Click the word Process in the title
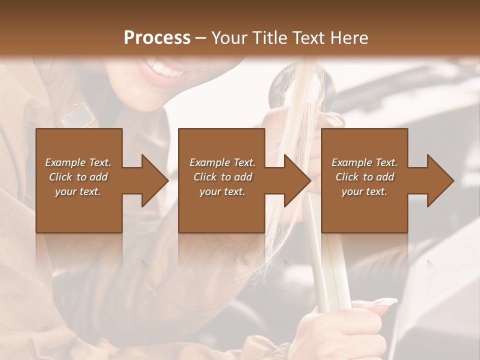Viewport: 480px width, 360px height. point(157,38)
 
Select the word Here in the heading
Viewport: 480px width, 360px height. point(349,38)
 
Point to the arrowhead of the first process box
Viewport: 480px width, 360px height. point(155,180)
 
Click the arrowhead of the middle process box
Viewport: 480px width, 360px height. point(297,180)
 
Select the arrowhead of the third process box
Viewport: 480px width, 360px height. point(440,180)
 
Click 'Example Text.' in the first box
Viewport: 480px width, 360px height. point(78,162)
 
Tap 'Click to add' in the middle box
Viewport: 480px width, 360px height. point(222,177)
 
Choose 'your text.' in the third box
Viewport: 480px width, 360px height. point(364,191)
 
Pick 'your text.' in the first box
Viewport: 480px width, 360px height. point(78,191)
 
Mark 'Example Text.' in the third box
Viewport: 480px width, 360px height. point(364,162)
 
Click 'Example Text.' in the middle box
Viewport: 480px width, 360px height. point(222,162)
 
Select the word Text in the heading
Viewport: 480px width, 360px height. point(309,38)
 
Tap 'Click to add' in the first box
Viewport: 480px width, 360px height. point(78,177)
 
